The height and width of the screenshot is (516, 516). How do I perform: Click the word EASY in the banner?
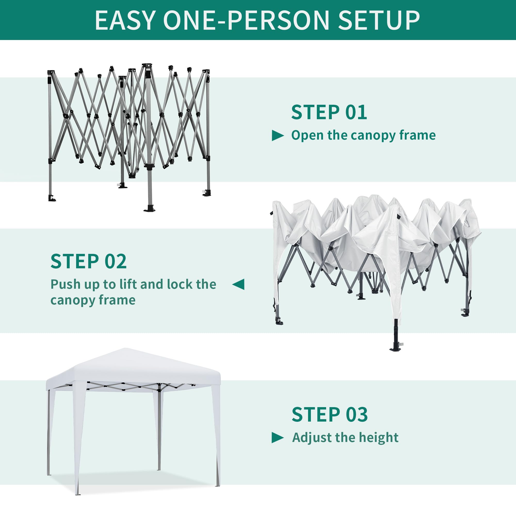125,20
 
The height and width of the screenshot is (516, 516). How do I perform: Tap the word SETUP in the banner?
379,20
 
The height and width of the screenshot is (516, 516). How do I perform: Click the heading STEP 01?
329,112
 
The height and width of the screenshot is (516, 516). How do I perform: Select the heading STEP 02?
88,261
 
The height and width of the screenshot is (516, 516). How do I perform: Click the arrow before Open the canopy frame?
278,136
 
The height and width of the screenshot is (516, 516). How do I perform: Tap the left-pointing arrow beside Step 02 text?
238,284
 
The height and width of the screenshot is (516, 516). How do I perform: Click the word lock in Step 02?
180,284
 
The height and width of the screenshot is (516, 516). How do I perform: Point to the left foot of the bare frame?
51,198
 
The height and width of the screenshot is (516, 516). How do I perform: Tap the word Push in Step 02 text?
66,284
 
